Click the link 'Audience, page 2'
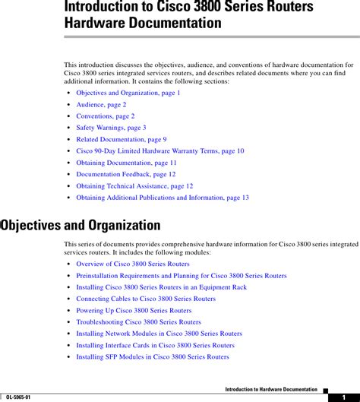(x=101, y=104)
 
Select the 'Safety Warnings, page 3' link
(x=111, y=128)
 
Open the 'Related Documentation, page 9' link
(x=122, y=139)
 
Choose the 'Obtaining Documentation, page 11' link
(x=126, y=163)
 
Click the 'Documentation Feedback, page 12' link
(x=125, y=174)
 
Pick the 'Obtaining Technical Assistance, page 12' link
(x=134, y=185)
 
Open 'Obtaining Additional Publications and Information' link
(x=163, y=198)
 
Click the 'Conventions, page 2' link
(x=105, y=116)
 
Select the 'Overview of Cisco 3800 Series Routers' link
(x=133, y=264)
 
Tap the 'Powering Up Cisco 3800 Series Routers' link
(x=134, y=310)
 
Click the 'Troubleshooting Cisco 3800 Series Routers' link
(x=138, y=322)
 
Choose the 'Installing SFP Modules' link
(x=152, y=356)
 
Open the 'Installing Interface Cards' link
(x=155, y=345)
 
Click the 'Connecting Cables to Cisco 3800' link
(x=146, y=299)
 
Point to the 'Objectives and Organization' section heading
(x=80, y=225)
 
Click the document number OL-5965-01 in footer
(x=20, y=396)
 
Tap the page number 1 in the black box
(x=343, y=397)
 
